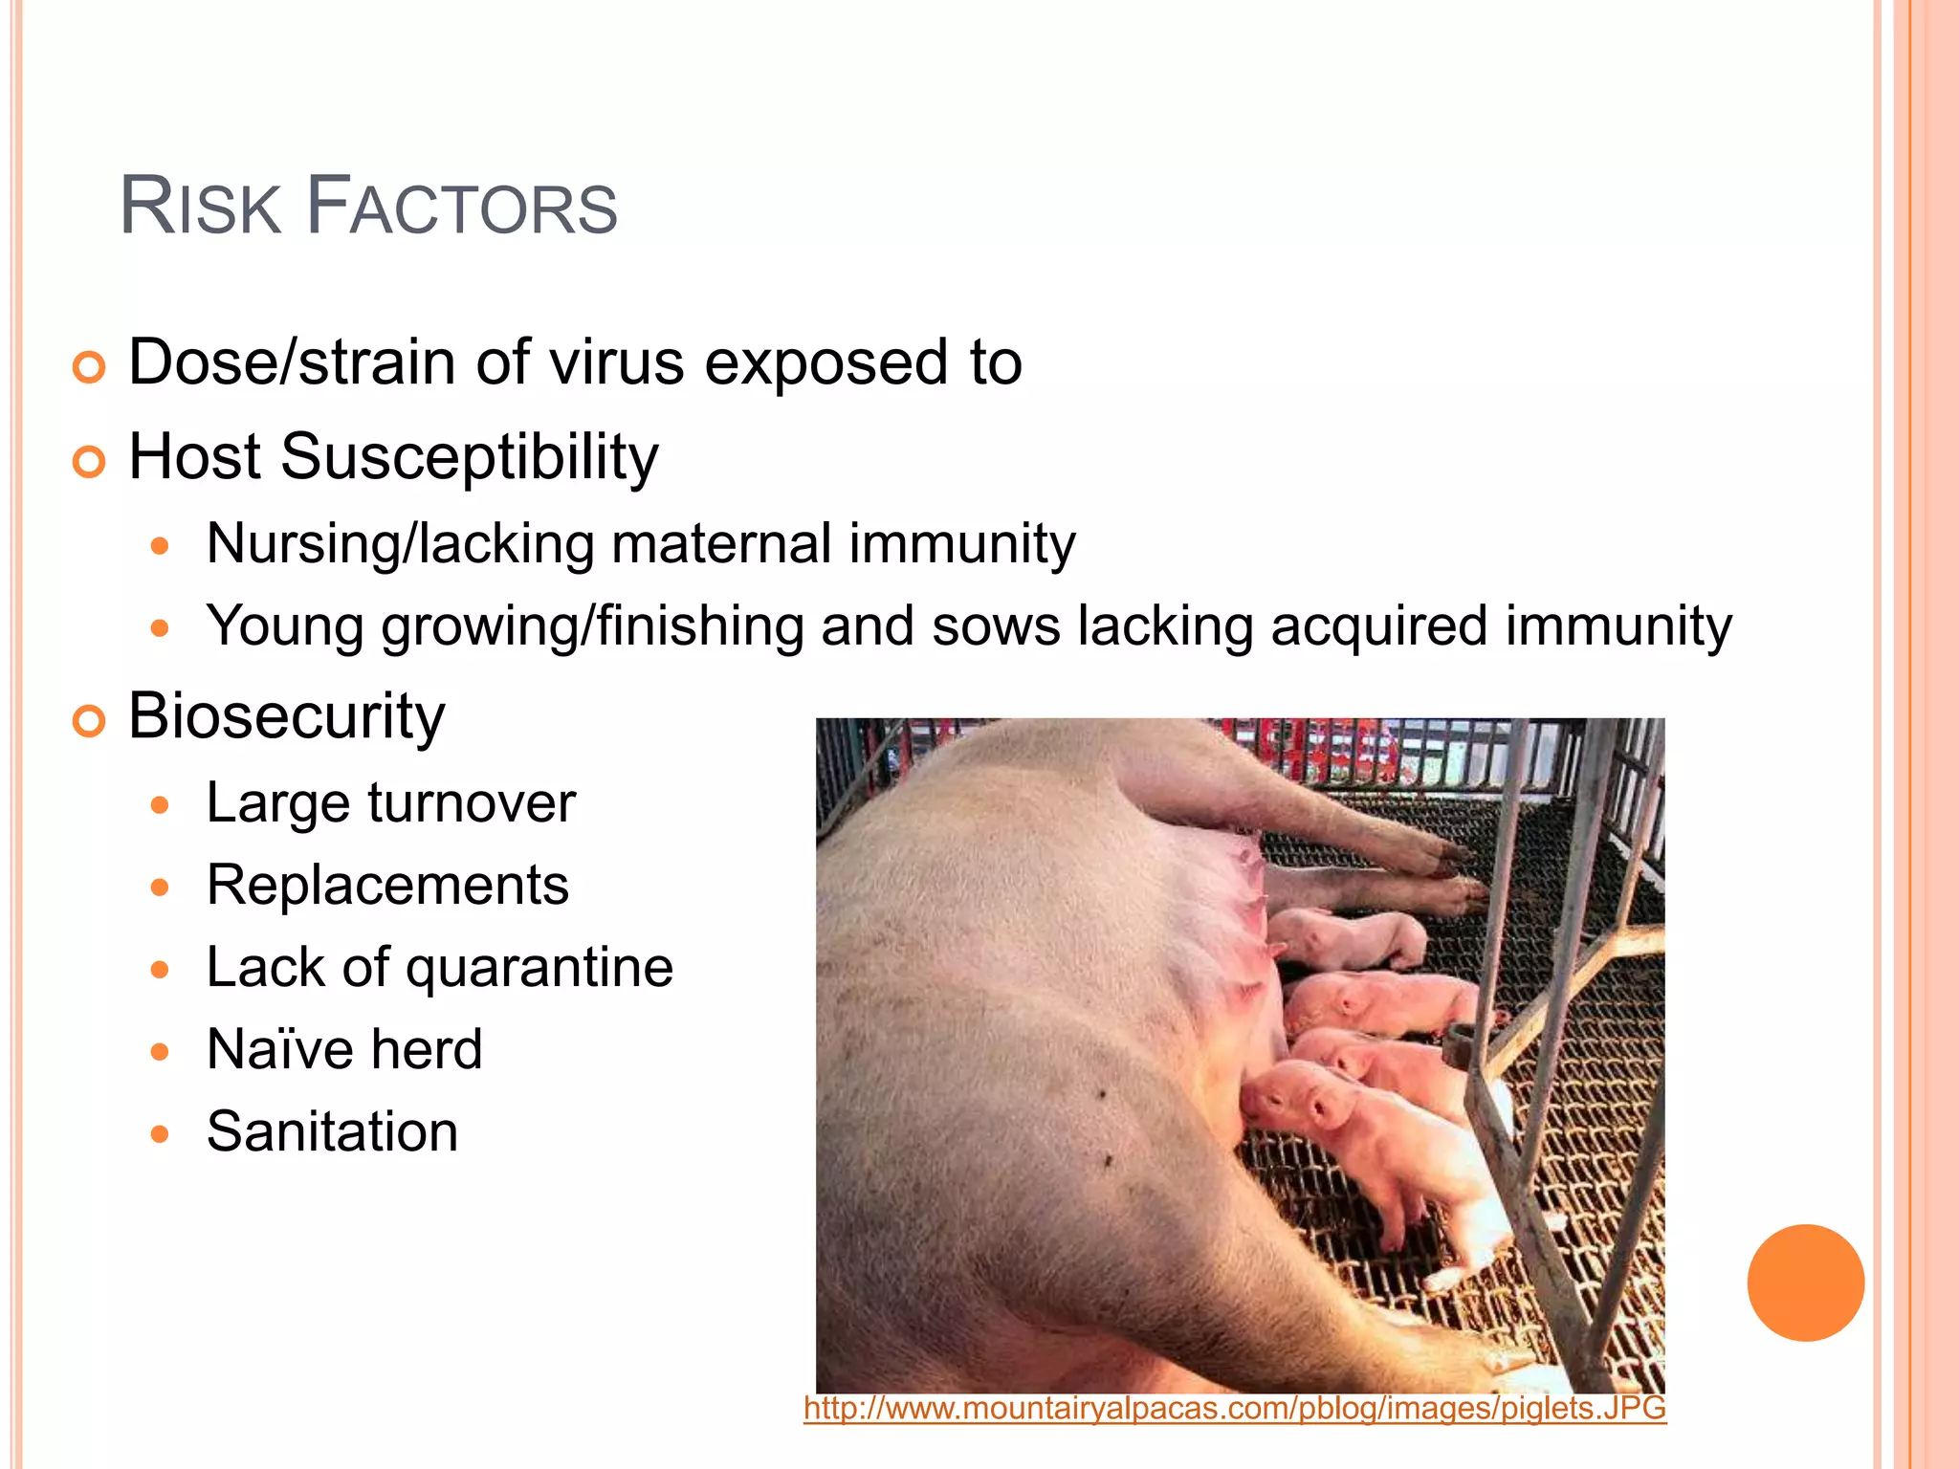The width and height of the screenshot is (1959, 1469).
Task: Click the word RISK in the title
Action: [x=200, y=207]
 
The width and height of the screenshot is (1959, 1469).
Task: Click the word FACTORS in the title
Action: [x=462, y=207]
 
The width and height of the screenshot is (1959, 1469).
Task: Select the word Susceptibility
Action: [x=469, y=457]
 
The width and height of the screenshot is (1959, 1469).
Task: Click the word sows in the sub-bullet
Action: [x=996, y=626]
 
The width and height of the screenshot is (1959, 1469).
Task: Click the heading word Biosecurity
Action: [x=286, y=715]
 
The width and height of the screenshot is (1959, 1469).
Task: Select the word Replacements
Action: [x=387, y=885]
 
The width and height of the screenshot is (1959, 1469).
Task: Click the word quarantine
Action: [x=539, y=967]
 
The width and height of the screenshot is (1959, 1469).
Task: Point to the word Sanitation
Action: [x=332, y=1131]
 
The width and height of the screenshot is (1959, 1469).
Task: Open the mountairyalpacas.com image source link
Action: [x=1234, y=1409]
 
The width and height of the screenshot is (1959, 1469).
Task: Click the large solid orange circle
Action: [x=1805, y=1283]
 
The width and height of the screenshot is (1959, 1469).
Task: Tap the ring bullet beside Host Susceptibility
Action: [x=89, y=463]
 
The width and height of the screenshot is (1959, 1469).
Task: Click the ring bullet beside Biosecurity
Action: [x=89, y=722]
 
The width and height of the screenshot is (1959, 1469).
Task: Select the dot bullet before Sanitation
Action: [x=160, y=1134]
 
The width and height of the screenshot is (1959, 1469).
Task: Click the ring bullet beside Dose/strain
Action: [x=89, y=368]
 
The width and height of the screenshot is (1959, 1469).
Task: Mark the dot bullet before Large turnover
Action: [x=160, y=805]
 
